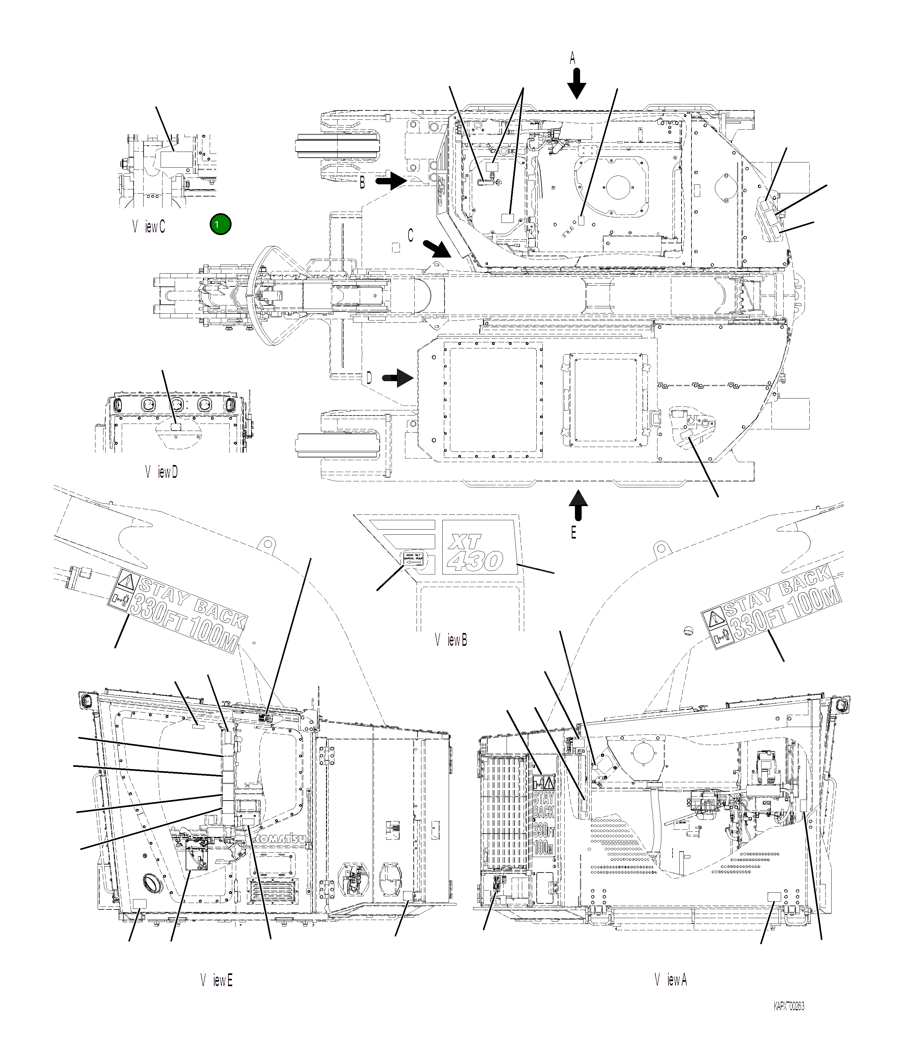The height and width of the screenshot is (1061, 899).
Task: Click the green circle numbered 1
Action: tap(220, 224)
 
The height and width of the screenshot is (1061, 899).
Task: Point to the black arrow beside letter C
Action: tap(437, 250)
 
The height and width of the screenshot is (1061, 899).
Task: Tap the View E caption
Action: tap(216, 980)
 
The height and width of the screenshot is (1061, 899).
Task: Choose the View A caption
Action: tap(671, 979)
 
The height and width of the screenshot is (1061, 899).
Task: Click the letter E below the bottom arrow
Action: tap(574, 533)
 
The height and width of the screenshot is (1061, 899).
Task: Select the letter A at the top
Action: tap(572, 58)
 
